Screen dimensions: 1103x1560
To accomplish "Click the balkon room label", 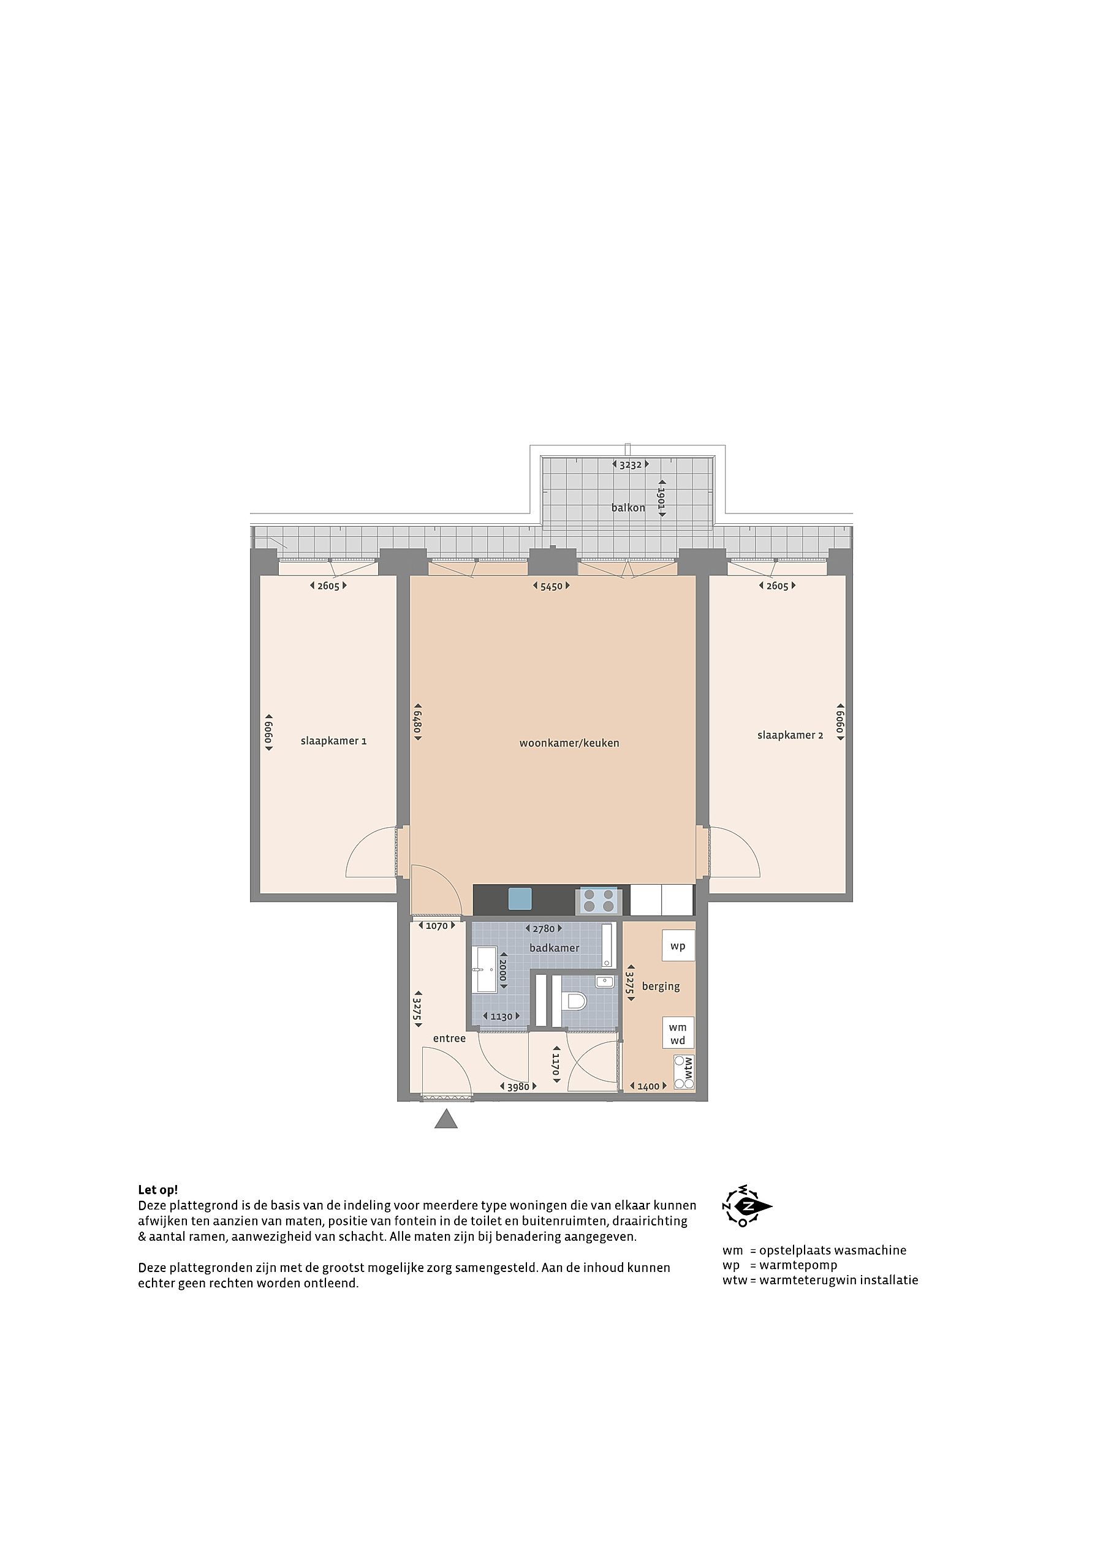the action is (628, 507).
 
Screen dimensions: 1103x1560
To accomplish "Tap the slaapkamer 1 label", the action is (334, 741).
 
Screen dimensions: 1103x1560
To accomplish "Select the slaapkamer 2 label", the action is (790, 735).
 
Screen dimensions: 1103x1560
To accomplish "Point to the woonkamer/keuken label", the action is (569, 743).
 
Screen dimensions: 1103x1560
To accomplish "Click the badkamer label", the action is (555, 948).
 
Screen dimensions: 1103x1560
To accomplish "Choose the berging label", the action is (661, 986).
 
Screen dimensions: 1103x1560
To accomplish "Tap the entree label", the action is (449, 1038).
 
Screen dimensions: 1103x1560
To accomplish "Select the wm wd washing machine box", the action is (678, 1033).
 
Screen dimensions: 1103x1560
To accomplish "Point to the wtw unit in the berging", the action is (684, 1073).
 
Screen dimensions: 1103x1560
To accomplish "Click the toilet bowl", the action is (575, 1001).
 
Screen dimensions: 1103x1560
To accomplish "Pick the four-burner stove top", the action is (598, 901).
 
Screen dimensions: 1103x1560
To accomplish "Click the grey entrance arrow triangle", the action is (446, 1119).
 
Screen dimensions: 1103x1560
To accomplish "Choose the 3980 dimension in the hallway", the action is (518, 1086).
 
